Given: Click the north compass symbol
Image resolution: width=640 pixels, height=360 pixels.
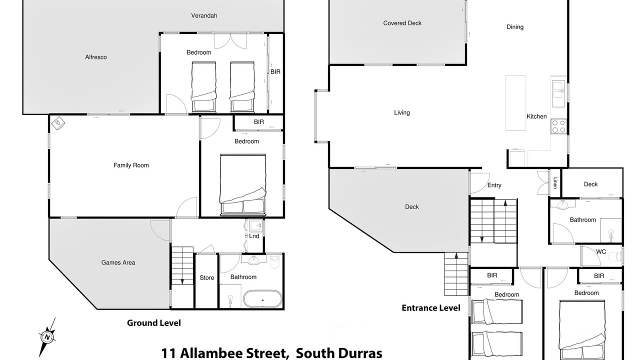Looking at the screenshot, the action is [47, 337].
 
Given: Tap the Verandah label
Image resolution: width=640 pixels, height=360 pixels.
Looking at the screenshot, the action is [204, 15].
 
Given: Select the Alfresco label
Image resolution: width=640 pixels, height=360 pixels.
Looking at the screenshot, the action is [96, 57].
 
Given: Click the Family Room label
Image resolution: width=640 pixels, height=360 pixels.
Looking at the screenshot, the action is [131, 165].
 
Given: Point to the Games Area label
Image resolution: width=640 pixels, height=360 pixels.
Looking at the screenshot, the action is [118, 262].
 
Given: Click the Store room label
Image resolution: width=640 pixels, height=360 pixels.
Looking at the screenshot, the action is [207, 277].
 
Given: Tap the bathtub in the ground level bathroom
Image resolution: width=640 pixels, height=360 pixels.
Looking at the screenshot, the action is [262, 299].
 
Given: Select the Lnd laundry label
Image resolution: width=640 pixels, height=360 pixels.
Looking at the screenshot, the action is [254, 236].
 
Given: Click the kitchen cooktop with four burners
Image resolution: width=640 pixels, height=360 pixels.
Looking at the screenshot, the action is [558, 126].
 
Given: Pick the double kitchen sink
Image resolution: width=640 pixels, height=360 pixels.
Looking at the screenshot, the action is [558, 94].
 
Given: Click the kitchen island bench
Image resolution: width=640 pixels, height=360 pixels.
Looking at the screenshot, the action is [515, 103].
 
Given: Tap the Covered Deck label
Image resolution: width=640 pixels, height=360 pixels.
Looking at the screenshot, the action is [402, 23].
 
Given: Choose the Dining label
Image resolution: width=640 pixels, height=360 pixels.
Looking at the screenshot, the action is [515, 27].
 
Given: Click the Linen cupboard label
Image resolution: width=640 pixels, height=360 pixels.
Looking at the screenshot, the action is [555, 183].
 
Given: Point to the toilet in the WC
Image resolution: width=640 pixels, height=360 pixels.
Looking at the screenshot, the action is [614, 256].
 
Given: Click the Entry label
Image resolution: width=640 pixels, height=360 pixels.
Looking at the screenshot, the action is [494, 185].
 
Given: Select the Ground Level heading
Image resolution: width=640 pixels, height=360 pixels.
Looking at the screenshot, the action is [153, 323].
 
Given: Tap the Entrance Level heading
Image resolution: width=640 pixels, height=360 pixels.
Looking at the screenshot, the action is [431, 307].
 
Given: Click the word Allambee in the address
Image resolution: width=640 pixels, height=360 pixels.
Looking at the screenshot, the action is [233, 353].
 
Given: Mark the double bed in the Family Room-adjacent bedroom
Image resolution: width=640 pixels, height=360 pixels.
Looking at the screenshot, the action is [243, 185].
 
